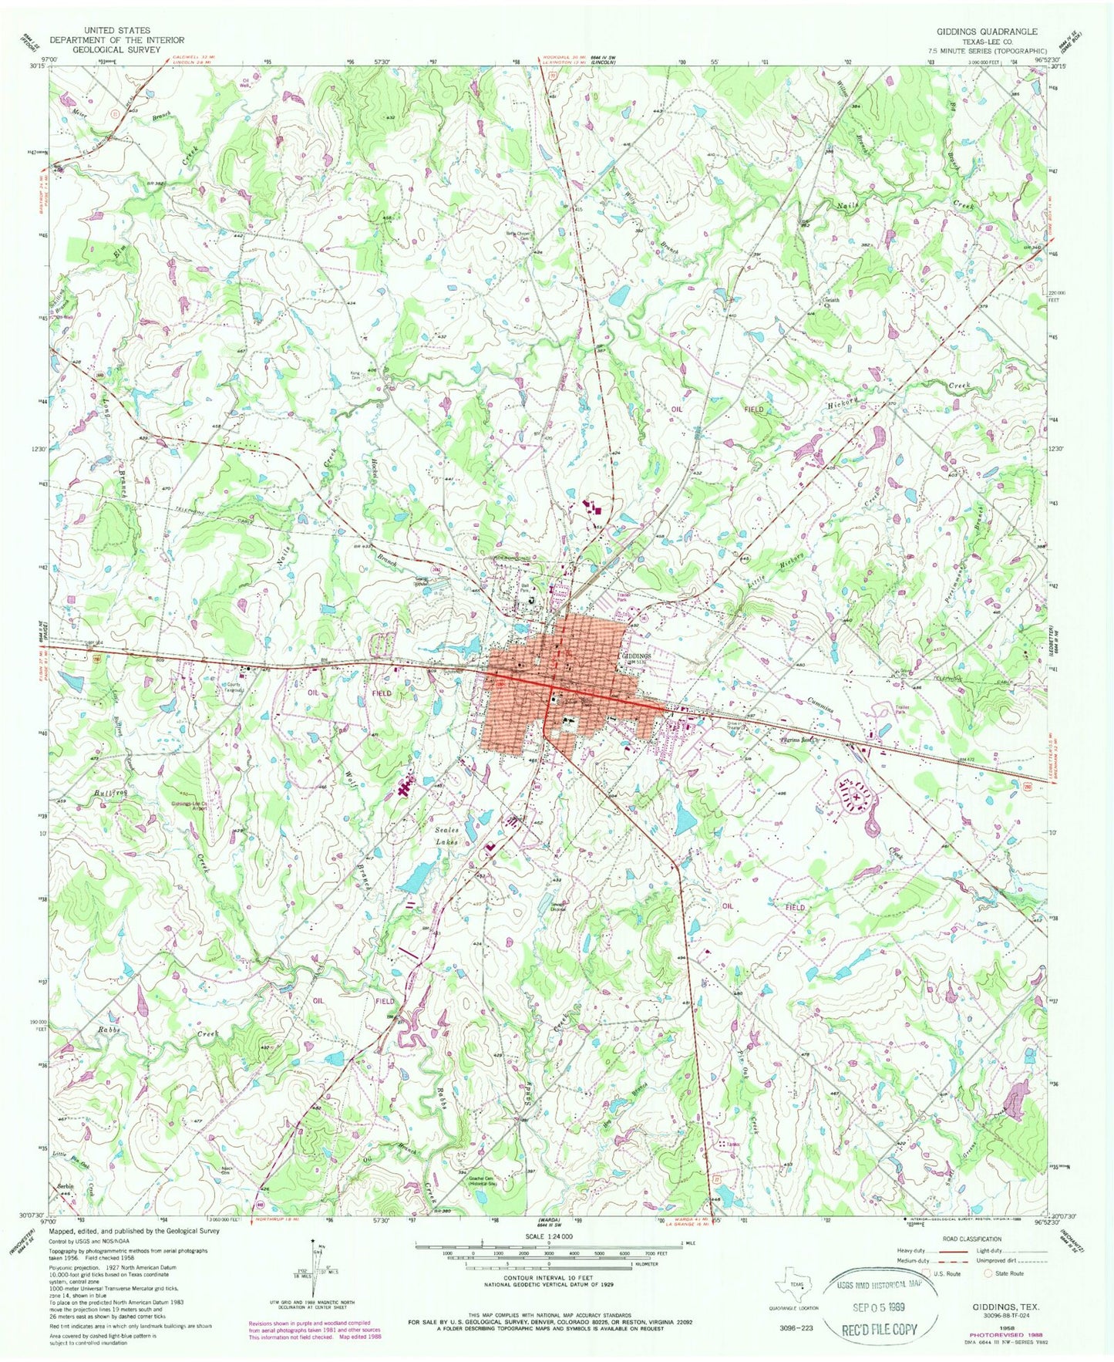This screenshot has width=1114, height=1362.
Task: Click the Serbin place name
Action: point(62,1185)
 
